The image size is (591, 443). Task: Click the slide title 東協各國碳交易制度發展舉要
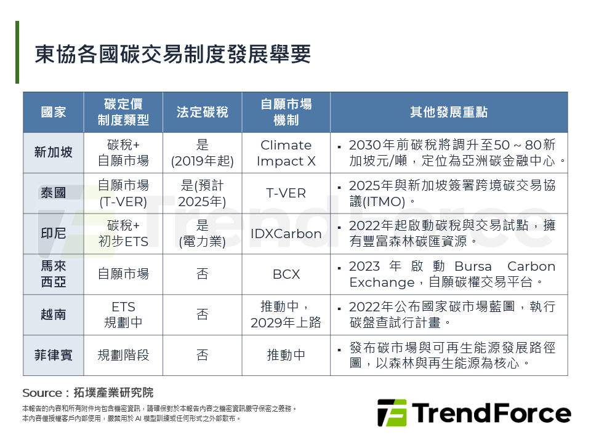coord(172,54)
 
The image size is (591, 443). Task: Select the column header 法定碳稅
coord(203,112)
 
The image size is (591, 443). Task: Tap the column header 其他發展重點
coord(449,112)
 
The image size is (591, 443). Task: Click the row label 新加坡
coord(53,152)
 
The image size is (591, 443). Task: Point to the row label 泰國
coord(53,193)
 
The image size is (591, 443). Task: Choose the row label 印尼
coord(53,233)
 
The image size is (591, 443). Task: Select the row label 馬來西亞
coord(53,274)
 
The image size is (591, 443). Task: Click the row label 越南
coord(53,314)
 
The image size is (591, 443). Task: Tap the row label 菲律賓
coord(53,355)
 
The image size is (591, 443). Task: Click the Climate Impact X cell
coord(286,153)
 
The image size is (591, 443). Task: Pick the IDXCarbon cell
coord(286,234)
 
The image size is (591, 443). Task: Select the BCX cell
coord(286,274)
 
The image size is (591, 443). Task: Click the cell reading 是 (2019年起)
coord(203,153)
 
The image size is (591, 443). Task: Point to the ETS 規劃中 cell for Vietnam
coord(123,314)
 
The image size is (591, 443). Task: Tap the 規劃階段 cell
coord(123,355)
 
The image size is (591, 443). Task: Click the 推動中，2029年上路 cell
coord(286,314)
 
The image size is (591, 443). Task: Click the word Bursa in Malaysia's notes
coord(473,266)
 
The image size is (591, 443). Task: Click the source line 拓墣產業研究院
coord(113,393)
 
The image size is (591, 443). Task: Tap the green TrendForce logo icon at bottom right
coord(392,413)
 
